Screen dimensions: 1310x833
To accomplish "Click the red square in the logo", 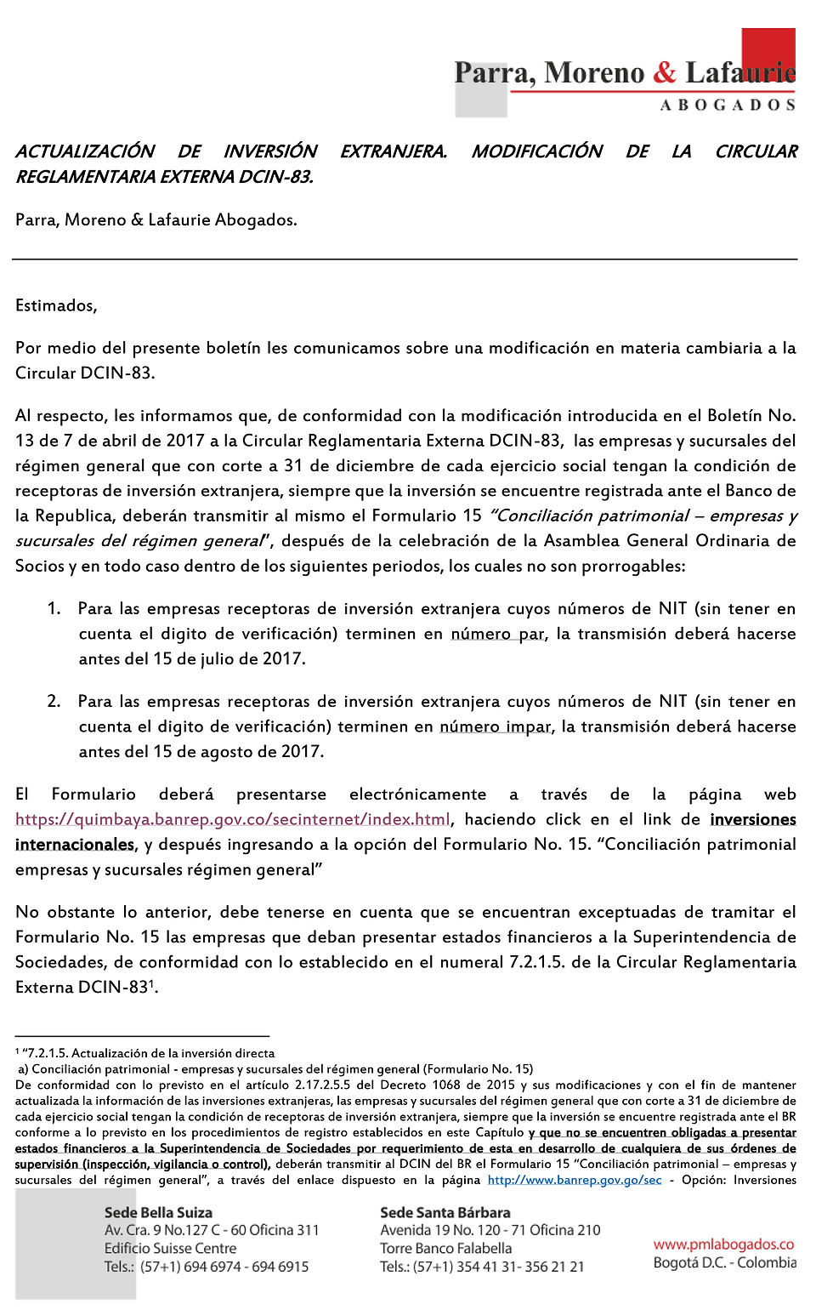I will (x=768, y=51).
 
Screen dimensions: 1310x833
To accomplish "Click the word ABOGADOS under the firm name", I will (x=728, y=105).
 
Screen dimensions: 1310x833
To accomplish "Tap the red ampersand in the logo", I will (x=665, y=73).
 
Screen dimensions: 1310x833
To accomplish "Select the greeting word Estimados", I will (x=56, y=305).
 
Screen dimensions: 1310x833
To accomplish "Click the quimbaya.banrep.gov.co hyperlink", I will (x=233, y=819).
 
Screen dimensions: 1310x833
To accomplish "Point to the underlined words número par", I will (x=497, y=634).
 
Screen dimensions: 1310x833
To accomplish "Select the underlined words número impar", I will (x=496, y=726).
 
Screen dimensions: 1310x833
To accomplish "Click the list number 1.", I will (x=54, y=608).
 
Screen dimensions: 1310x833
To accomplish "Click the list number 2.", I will (x=54, y=701).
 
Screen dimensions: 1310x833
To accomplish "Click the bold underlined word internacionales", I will (x=75, y=845).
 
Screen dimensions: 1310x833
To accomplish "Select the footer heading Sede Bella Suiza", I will (x=158, y=1212).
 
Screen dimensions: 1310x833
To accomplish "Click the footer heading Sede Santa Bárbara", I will (x=445, y=1212).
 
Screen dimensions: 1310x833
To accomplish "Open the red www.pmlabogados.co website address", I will (x=723, y=1244).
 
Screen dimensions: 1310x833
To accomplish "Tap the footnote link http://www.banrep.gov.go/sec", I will (x=575, y=1180).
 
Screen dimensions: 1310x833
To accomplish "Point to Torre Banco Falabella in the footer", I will (x=446, y=1248).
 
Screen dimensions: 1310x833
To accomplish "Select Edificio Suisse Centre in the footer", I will (x=170, y=1248).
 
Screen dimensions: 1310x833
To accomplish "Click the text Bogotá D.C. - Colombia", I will (x=724, y=1262).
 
